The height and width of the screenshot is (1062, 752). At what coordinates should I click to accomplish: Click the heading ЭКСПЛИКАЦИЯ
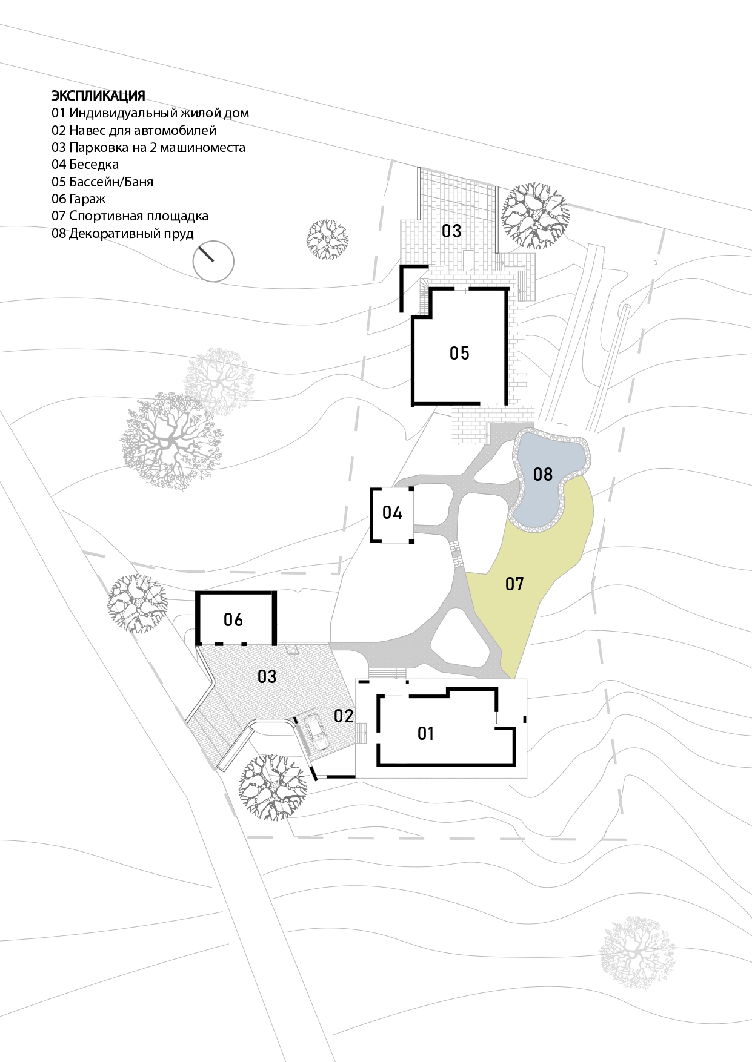coord(98,96)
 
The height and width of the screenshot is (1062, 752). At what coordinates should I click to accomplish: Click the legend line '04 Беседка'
coord(85,164)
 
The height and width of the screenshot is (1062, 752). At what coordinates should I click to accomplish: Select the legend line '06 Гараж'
coord(78,199)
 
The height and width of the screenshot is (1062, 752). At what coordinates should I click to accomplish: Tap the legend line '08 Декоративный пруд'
coord(122,233)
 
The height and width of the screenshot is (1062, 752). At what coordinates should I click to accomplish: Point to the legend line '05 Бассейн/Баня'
coord(102,182)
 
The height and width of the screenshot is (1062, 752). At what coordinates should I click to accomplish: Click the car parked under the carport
coord(316,732)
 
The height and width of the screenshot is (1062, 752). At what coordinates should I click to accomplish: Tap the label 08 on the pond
coord(543,473)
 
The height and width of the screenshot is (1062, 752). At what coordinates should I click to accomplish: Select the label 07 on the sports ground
coord(514,584)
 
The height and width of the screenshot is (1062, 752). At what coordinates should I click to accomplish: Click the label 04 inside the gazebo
coord(392,513)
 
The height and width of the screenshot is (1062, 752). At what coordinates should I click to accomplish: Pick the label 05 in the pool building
coord(459,353)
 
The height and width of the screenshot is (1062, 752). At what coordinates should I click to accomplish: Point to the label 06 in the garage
coord(233,619)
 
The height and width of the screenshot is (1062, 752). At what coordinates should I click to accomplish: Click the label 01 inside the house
coord(426,734)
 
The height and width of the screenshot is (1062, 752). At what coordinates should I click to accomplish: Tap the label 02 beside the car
coord(344,716)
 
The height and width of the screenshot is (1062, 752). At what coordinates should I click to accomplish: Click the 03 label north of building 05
coord(451,231)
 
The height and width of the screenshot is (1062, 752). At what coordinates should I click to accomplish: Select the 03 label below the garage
coord(267,676)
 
